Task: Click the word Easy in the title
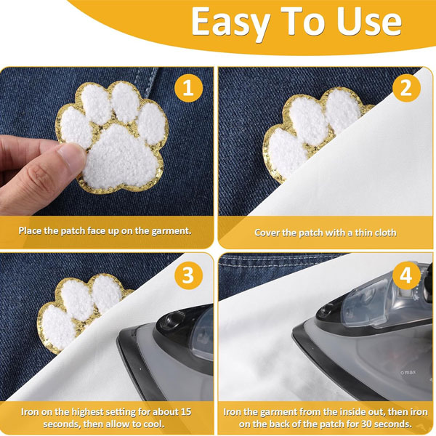point(230,24)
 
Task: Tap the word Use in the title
point(369,22)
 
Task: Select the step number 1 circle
point(188,88)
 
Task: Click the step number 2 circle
point(406,88)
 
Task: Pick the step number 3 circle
point(188,275)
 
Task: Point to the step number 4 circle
point(406,275)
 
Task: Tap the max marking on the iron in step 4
point(408,372)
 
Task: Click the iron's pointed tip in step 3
point(118,336)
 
